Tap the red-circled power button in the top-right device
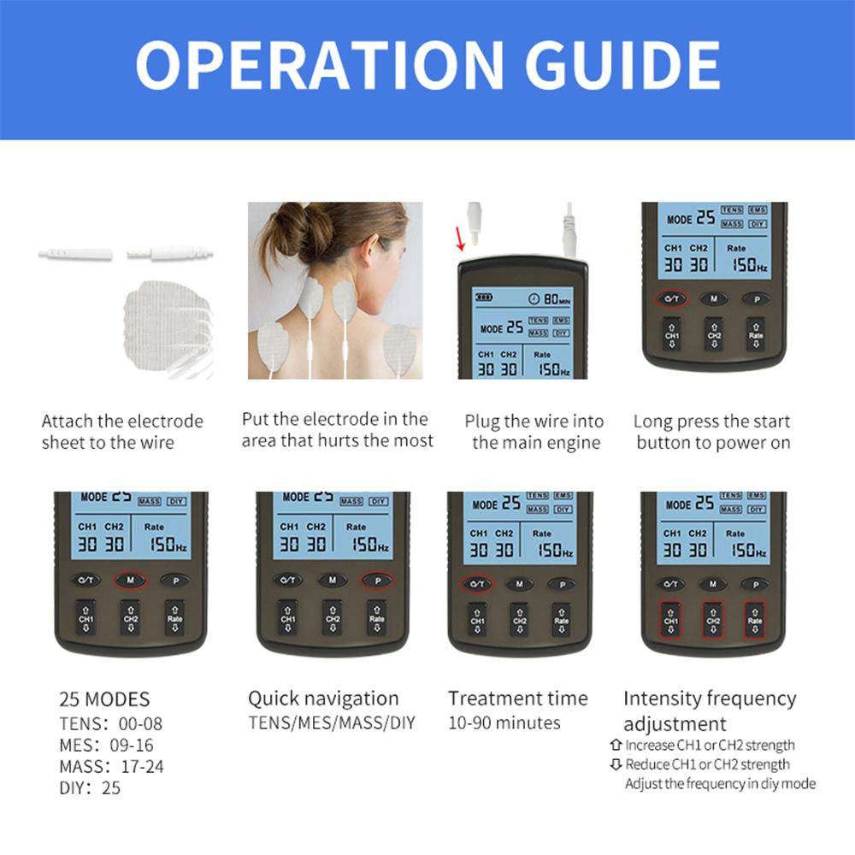(x=672, y=299)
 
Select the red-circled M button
(x=130, y=580)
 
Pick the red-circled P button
(x=377, y=580)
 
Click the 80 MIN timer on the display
(x=550, y=299)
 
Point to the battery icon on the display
(x=485, y=298)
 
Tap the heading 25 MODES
(x=104, y=699)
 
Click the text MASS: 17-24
(x=111, y=766)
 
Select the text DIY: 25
(x=90, y=787)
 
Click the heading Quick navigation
(x=323, y=698)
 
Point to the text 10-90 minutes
(x=504, y=722)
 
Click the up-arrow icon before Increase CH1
(x=616, y=745)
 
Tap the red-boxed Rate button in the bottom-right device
(x=755, y=620)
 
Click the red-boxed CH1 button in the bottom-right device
(x=671, y=620)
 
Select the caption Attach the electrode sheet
(x=122, y=432)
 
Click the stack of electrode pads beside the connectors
(x=167, y=329)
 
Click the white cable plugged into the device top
(x=568, y=231)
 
